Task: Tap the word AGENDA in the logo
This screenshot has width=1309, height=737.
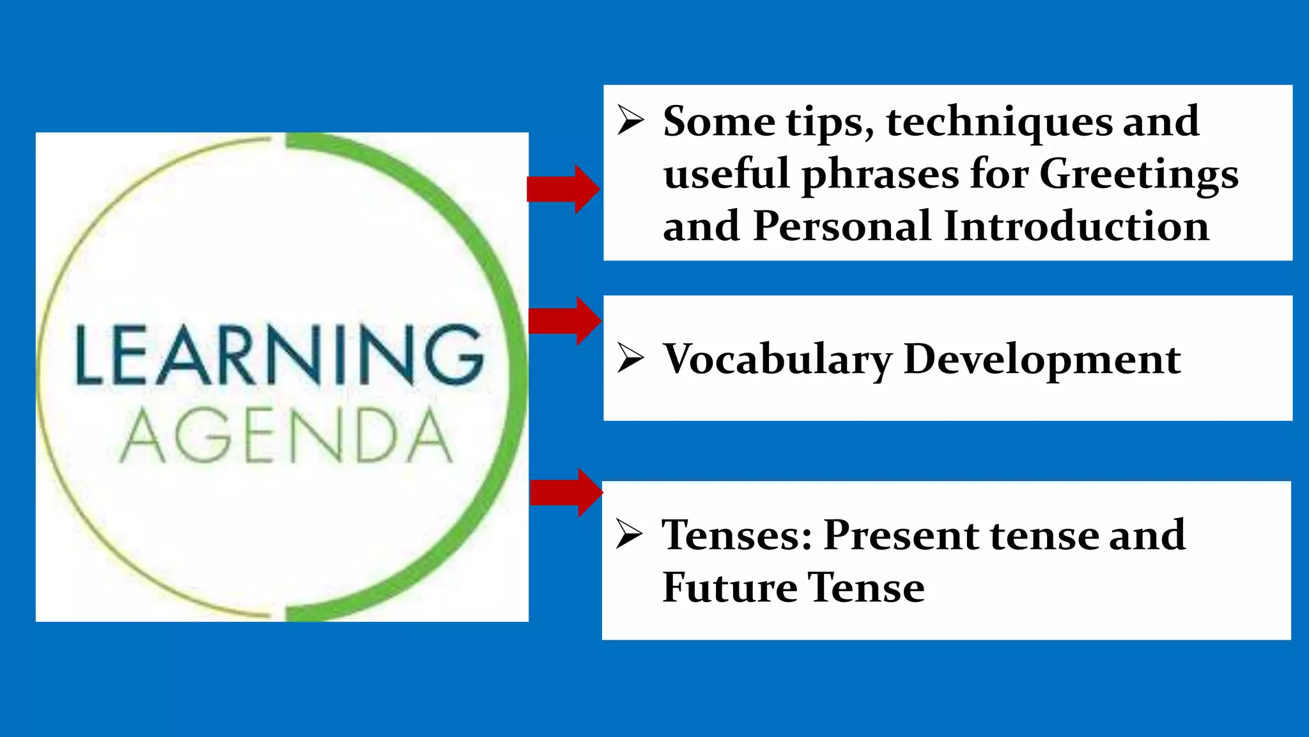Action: coord(286,436)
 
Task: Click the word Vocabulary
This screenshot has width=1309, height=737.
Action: coord(777,360)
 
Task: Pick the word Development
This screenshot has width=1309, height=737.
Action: coord(1042,360)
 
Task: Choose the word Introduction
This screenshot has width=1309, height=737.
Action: coord(1076,226)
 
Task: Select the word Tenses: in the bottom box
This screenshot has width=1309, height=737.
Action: coord(736,535)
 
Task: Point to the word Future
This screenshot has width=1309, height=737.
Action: coord(729,587)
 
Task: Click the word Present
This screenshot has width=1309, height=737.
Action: coord(901,535)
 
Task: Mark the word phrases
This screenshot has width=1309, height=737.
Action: coord(880,175)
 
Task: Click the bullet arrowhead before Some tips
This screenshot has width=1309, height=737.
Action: coord(630,121)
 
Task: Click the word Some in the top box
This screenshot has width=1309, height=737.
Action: coord(719,122)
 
